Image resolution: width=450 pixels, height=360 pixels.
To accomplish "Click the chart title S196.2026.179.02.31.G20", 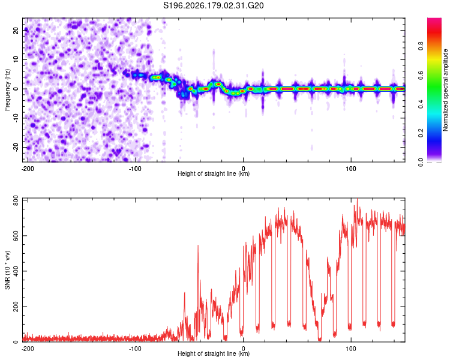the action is click(213, 5).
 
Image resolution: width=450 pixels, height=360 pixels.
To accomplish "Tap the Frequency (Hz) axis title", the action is click(7, 90).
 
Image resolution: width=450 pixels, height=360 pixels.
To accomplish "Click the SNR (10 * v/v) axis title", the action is click(7, 270).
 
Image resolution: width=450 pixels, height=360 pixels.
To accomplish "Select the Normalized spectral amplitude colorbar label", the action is click(445, 90).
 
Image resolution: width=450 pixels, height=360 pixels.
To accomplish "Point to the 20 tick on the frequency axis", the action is click(16, 31).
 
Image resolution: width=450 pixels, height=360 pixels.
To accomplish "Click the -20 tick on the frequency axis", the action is click(16, 148).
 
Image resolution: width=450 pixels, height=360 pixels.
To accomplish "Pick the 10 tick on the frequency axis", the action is click(16, 59).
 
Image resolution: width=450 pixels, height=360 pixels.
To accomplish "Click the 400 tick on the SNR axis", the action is click(16, 271).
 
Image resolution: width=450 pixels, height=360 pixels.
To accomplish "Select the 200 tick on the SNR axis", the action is click(16, 307).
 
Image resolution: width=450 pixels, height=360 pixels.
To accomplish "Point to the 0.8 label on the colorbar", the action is click(421, 46).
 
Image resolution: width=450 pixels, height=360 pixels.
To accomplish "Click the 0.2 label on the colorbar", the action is click(421, 133).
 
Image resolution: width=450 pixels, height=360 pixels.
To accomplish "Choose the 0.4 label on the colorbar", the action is click(421, 104).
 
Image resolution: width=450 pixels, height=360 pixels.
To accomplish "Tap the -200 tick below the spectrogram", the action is click(28, 169).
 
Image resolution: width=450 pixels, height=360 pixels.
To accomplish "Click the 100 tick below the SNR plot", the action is click(351, 349).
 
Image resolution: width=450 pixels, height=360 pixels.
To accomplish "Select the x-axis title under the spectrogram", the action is click(214, 173).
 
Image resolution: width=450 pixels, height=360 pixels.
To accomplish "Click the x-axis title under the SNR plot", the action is click(214, 353).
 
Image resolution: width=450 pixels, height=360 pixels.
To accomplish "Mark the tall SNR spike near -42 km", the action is click(198, 246).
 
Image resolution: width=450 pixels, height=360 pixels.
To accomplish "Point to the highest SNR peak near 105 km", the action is click(357, 199).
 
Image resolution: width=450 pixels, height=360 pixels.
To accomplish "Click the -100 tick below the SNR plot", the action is click(135, 349).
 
